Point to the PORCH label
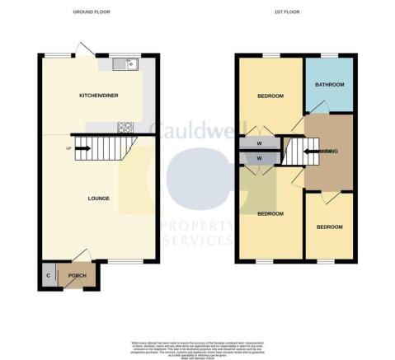(x=78, y=276)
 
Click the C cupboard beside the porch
(x=48, y=275)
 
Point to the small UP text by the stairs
(x=68, y=148)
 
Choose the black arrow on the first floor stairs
(x=310, y=151)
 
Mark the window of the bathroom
(x=329, y=55)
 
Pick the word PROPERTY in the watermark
(x=198, y=225)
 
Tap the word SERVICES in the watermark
(x=198, y=240)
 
